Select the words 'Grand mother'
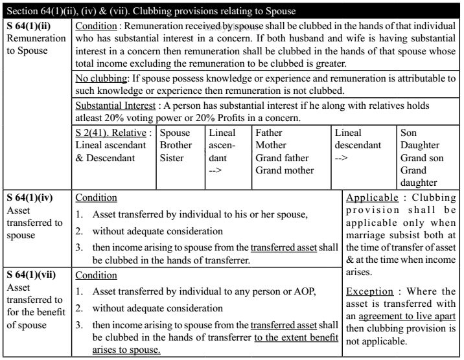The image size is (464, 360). point(284,170)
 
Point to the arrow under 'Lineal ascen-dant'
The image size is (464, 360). point(216,170)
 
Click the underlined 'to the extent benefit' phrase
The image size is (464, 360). point(297,339)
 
